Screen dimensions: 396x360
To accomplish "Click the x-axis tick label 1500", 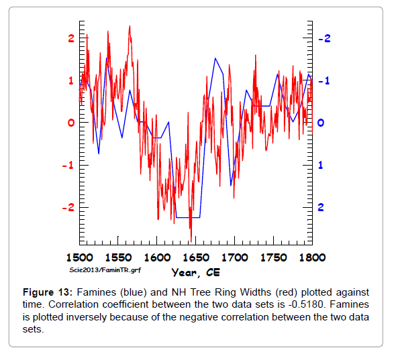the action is click(80, 257).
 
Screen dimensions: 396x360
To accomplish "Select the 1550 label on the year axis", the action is click(118, 257).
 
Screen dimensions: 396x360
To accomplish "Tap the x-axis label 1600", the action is click(157, 257).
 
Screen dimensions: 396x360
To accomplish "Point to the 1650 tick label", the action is click(196, 257).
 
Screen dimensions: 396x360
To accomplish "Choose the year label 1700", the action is click(235, 257).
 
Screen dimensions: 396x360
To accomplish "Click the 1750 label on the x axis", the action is click(274, 257).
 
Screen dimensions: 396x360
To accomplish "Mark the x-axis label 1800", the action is click(312, 257).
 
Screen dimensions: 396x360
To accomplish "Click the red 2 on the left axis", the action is click(71, 38).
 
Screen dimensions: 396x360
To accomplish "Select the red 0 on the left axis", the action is click(71, 123).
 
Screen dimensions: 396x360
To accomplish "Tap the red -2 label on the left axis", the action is click(68, 208).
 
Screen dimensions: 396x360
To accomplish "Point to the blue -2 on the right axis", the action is click(324, 38).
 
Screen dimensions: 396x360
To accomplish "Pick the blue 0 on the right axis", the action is click(321, 123).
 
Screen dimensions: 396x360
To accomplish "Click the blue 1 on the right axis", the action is click(320, 165).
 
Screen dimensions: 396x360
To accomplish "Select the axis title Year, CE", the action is click(196, 273).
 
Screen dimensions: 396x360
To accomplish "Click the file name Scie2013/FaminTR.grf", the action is click(105, 270).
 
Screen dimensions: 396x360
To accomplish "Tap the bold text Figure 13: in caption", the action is click(48, 292).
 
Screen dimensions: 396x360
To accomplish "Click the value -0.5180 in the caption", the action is click(305, 304).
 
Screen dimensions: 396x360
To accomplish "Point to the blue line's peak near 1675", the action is click(215, 58).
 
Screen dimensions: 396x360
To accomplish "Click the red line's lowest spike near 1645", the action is click(191, 241).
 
